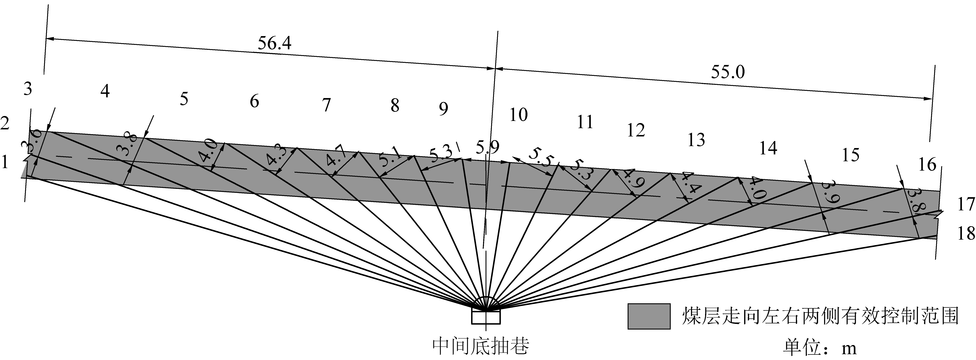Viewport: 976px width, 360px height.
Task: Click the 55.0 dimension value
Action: pyautogui.click(x=727, y=72)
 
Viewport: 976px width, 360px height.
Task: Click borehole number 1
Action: pyautogui.click(x=5, y=162)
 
